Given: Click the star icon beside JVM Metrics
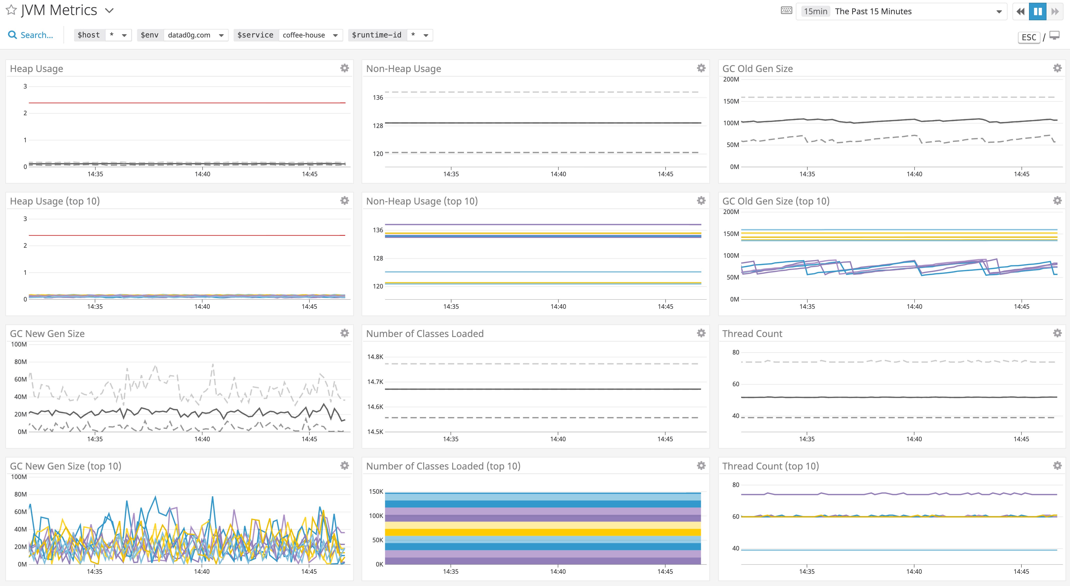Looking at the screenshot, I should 11,10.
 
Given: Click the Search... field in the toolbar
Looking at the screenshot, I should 37,35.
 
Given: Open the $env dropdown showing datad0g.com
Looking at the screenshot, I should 196,35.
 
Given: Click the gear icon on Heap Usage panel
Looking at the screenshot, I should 344,68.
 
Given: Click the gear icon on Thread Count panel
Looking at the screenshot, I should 1057,333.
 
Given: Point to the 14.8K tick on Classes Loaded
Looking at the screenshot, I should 375,357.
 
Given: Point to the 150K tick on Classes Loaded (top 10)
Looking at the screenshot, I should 376,492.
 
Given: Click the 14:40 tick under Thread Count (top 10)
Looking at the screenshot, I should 914,571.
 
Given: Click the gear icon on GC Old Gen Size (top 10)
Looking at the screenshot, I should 1057,200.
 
